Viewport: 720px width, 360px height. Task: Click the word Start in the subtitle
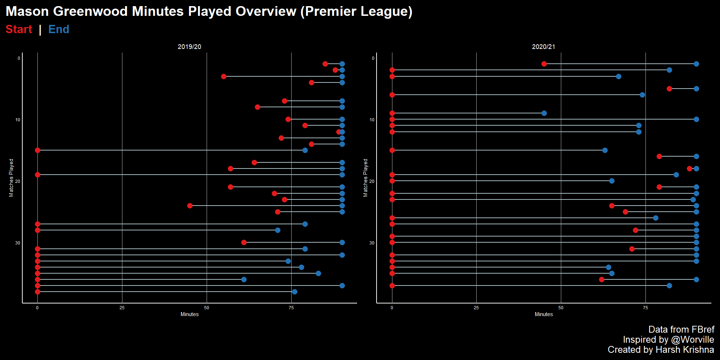pyautogui.click(x=19, y=29)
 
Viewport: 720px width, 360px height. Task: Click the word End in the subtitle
pyautogui.click(x=59, y=29)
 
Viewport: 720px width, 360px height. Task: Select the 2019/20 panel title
pyautogui.click(x=189, y=47)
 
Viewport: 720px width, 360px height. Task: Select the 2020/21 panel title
pyautogui.click(x=544, y=47)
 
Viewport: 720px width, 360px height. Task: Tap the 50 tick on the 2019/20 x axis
pyautogui.click(x=207, y=308)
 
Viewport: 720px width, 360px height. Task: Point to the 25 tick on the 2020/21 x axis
pyautogui.click(x=476, y=308)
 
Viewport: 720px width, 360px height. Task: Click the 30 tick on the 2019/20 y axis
pyautogui.click(x=18, y=243)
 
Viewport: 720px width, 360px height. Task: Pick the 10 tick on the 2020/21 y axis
pyautogui.click(x=372, y=120)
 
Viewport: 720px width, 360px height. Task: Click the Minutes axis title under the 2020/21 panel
pyautogui.click(x=544, y=314)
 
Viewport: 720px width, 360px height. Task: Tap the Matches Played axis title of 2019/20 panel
pyautogui.click(x=11, y=178)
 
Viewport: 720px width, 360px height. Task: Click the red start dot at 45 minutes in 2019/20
pyautogui.click(x=190, y=206)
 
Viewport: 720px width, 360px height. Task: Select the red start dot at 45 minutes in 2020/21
pyautogui.click(x=544, y=64)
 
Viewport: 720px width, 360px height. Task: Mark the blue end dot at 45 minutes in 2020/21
pyautogui.click(x=544, y=113)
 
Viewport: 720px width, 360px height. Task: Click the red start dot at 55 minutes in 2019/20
pyautogui.click(x=224, y=76)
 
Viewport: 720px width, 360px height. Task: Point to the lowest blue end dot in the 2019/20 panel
pyautogui.click(x=294, y=292)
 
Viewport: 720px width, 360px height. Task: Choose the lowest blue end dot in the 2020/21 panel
pyautogui.click(x=669, y=285)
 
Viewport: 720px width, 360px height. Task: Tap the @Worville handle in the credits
pyautogui.click(x=693, y=339)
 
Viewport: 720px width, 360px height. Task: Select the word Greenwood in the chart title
pyautogui.click(x=90, y=11)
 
